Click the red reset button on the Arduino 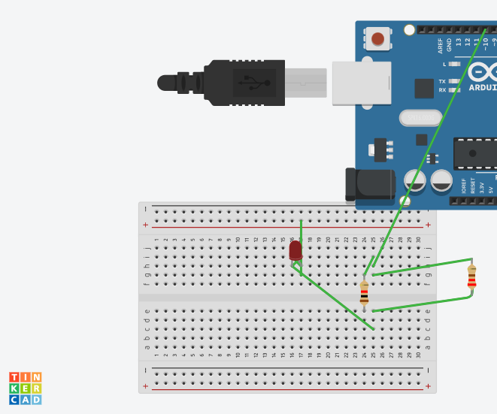(x=377, y=38)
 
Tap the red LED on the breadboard (x=295, y=251)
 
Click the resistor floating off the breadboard (x=471, y=277)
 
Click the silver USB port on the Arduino (x=362, y=82)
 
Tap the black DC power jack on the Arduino (x=371, y=185)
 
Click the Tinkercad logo (x=25, y=388)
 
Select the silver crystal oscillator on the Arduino (x=420, y=117)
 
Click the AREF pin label (x=441, y=46)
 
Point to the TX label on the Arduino (x=442, y=81)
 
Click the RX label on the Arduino (x=442, y=90)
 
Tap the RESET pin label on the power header (x=473, y=185)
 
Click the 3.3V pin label (x=482, y=186)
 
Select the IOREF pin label (x=464, y=186)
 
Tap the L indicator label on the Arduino (x=444, y=65)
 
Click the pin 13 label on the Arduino (x=459, y=43)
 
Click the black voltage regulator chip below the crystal (x=381, y=149)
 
